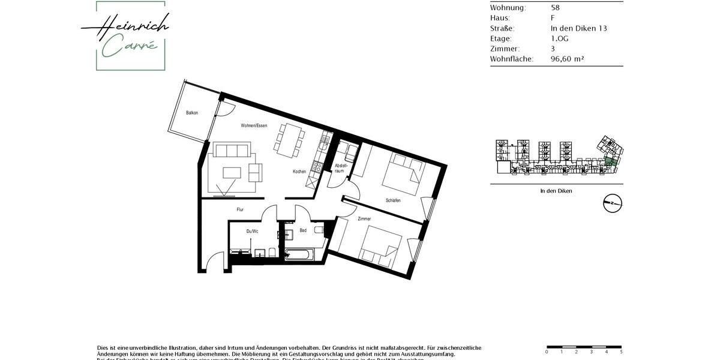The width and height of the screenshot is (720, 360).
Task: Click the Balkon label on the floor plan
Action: (192, 113)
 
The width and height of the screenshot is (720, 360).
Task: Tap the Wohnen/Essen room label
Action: (254, 125)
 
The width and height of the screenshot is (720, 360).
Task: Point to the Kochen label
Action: (299, 172)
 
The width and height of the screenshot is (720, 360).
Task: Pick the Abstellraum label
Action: (340, 168)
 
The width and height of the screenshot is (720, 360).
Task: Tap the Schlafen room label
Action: (393, 200)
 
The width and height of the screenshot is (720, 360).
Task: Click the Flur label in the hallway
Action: (240, 209)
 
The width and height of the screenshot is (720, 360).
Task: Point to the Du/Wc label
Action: (252, 231)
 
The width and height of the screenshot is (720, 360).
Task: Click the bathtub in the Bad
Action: (298, 254)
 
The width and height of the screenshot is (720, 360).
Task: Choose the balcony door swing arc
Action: (226, 109)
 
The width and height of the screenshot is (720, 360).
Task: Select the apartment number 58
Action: (555, 8)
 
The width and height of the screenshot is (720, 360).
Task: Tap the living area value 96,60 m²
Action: (567, 59)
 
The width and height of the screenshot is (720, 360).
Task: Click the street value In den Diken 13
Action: (578, 28)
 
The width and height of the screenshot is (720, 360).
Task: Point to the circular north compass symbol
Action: (613, 203)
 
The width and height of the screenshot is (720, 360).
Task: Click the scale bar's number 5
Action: (621, 352)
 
